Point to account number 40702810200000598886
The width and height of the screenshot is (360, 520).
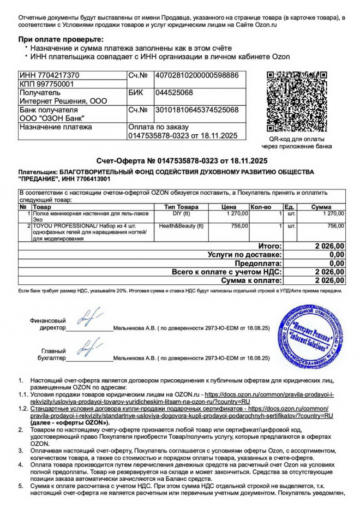[x=197, y=75]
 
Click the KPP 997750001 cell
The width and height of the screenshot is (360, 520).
[x=46, y=84]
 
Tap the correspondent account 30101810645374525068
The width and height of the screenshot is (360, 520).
[x=197, y=110]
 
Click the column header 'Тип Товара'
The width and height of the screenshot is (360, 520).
[x=182, y=207]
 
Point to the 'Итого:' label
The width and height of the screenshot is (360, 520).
[x=269, y=246]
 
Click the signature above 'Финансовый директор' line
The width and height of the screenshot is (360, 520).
[x=87, y=318]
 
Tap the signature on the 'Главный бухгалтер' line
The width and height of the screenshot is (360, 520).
[x=87, y=347]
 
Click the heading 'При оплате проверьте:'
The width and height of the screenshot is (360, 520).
[x=61, y=39]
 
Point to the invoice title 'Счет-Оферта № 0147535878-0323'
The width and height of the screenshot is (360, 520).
[x=158, y=160]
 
